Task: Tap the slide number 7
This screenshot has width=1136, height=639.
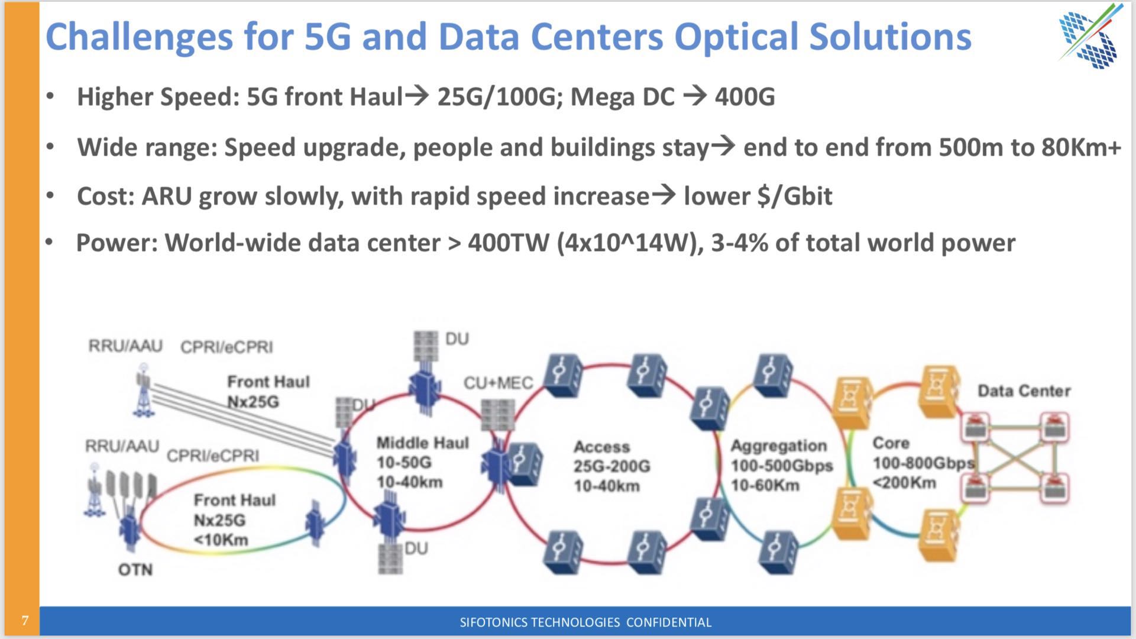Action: tap(25, 621)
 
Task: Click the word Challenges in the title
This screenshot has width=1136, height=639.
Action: tap(139, 37)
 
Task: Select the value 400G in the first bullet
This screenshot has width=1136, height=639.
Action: tap(745, 96)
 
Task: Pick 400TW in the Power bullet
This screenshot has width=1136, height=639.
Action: tap(509, 243)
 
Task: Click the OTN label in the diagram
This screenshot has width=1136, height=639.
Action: tap(135, 569)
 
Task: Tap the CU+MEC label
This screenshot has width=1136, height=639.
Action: tap(498, 383)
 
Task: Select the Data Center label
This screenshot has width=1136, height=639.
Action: tap(1024, 390)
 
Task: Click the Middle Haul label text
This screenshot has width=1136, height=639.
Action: tap(422, 443)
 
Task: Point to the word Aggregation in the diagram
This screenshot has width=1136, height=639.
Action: tap(778, 446)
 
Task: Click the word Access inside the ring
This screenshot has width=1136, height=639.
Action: tap(601, 447)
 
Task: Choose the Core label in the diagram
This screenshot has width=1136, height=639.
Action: tap(891, 443)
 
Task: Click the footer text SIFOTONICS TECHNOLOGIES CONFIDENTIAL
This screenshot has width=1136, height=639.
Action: tap(585, 622)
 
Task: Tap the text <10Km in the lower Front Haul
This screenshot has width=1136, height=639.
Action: tap(221, 540)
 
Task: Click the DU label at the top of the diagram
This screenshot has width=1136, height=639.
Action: tap(457, 339)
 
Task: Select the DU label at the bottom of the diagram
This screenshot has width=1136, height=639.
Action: tap(416, 548)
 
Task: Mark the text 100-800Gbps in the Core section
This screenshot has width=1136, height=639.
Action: tap(923, 463)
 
